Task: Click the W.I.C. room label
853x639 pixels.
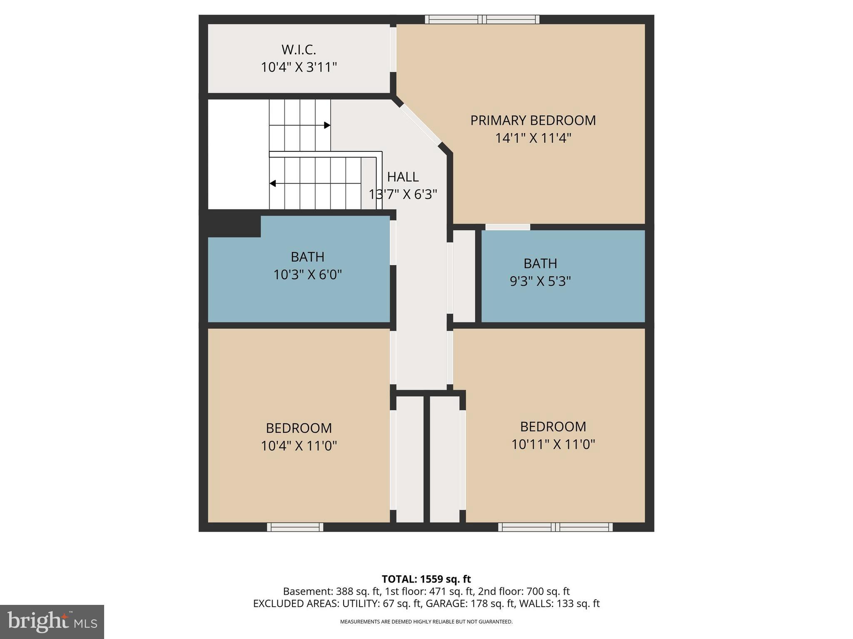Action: [x=299, y=50]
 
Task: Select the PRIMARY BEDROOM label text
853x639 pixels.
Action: [x=533, y=120]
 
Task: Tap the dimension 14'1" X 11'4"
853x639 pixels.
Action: [x=533, y=138]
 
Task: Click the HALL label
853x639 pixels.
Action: [x=403, y=177]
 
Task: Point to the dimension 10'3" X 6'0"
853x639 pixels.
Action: [x=307, y=275]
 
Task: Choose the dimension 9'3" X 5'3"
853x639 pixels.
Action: [x=540, y=281]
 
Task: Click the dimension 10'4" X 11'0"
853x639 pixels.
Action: [x=299, y=446]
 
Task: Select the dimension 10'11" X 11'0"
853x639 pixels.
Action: [x=553, y=444]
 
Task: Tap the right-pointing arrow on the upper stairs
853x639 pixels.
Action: [x=327, y=125]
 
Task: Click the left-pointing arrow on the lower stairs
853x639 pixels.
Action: [x=273, y=183]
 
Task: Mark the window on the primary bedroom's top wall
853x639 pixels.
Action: [x=482, y=19]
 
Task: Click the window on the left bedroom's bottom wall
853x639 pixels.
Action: [x=295, y=527]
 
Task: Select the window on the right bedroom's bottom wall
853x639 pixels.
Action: [x=555, y=527]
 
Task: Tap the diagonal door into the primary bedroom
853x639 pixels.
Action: [x=420, y=124]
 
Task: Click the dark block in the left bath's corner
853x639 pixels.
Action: [x=233, y=225]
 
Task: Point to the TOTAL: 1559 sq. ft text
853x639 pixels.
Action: [x=426, y=579]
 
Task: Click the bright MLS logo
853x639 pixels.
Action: [x=52, y=622]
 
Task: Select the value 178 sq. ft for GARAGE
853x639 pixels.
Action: [x=493, y=604]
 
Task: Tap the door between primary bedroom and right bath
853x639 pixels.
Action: [x=507, y=227]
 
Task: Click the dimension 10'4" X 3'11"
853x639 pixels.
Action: [x=299, y=67]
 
